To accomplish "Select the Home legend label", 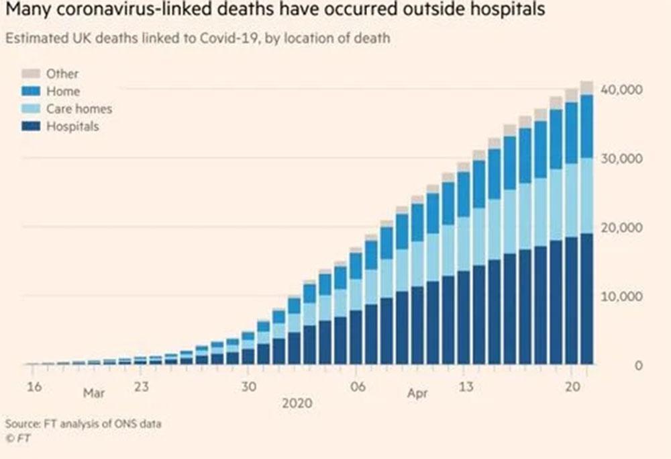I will [x=63, y=91].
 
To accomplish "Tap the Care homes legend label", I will [x=79, y=108].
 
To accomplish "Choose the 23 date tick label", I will [x=141, y=387].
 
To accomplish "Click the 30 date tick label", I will [x=249, y=387].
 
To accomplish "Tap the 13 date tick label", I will [x=466, y=387].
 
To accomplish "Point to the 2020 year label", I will [x=297, y=403].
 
